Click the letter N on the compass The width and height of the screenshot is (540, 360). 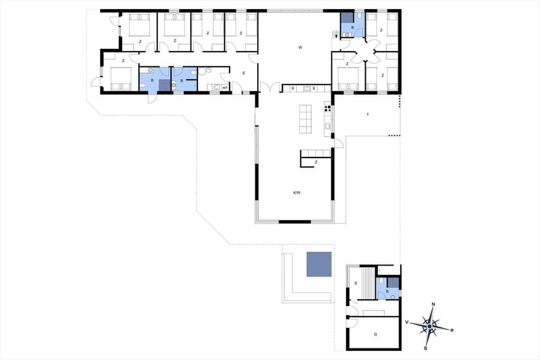click(x=433, y=304)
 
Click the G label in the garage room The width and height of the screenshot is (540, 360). click(x=375, y=334)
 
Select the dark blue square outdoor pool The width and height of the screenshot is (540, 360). click(x=319, y=264)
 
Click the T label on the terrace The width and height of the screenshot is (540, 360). click(x=367, y=114)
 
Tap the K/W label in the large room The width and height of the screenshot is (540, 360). click(x=296, y=193)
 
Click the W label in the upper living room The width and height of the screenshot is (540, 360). click(x=300, y=48)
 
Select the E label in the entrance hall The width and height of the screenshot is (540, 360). click(x=244, y=73)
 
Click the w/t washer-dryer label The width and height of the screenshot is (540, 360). click(x=225, y=87)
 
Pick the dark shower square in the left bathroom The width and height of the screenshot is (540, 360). click(x=164, y=85)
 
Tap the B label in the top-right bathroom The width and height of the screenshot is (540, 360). click(x=353, y=26)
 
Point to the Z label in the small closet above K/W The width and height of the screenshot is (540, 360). click(x=316, y=161)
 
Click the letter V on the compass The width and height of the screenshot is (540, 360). click(x=406, y=322)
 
